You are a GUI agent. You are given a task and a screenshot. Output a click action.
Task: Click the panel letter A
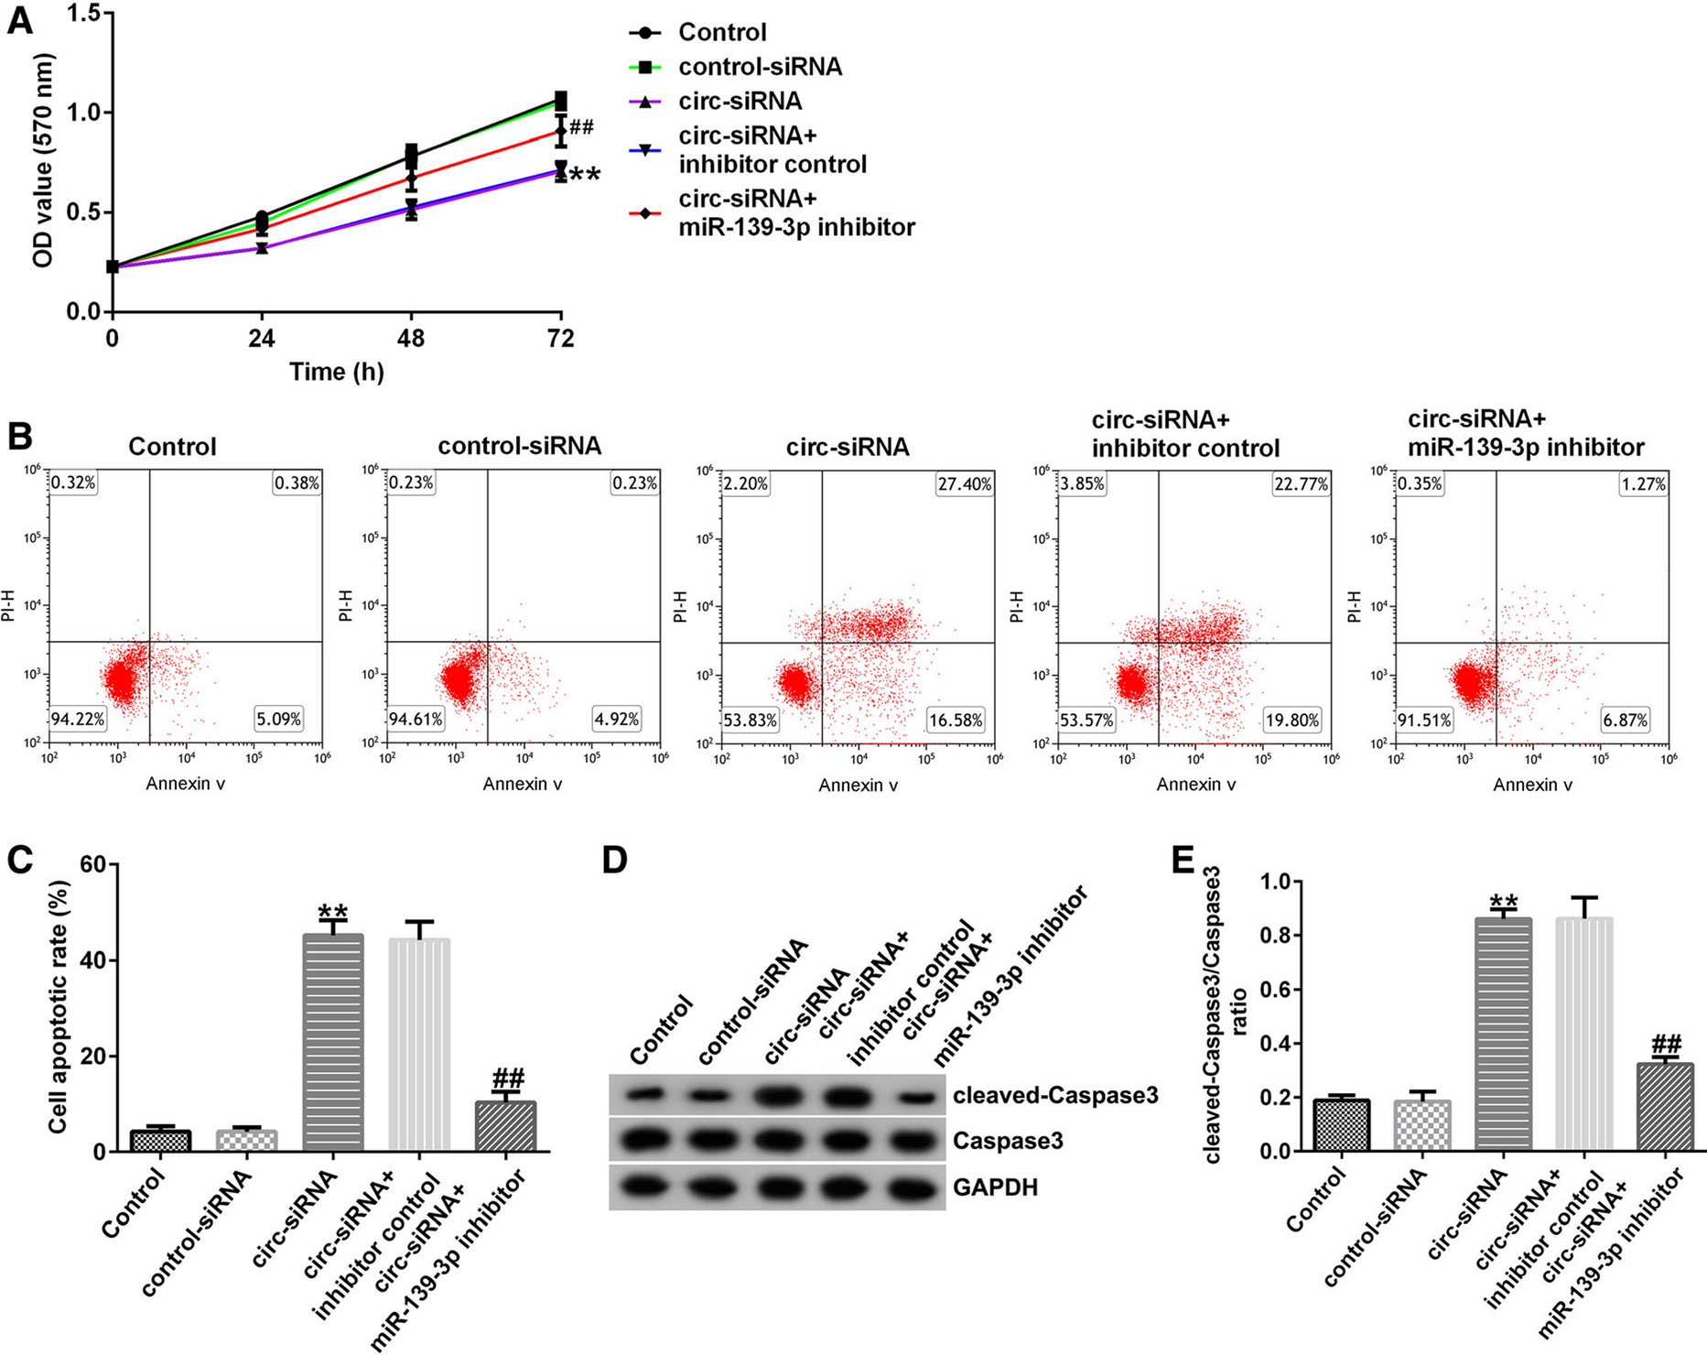pyautogui.click(x=19, y=20)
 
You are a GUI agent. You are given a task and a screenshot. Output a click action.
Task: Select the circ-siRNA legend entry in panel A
pyautogui.click(x=740, y=101)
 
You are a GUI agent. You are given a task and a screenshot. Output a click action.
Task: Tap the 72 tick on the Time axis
pyautogui.click(x=560, y=340)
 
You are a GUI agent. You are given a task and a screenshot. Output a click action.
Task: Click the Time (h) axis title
pyautogui.click(x=337, y=372)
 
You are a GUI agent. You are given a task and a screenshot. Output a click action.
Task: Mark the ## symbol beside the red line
pyautogui.click(x=581, y=127)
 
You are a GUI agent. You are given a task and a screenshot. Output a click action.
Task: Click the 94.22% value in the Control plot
pyautogui.click(x=79, y=719)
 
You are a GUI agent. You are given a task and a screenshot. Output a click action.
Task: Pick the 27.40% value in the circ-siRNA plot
pyautogui.click(x=965, y=484)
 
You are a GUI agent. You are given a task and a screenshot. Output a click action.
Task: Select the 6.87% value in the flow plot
pyautogui.click(x=1624, y=721)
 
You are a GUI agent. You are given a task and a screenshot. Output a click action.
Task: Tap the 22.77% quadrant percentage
pyautogui.click(x=1301, y=484)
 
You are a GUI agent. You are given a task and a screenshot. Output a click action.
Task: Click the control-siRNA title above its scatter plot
pyautogui.click(x=519, y=446)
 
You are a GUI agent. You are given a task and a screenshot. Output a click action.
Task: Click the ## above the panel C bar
pyautogui.click(x=507, y=1078)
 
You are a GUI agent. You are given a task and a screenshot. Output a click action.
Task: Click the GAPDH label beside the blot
pyautogui.click(x=995, y=1187)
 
